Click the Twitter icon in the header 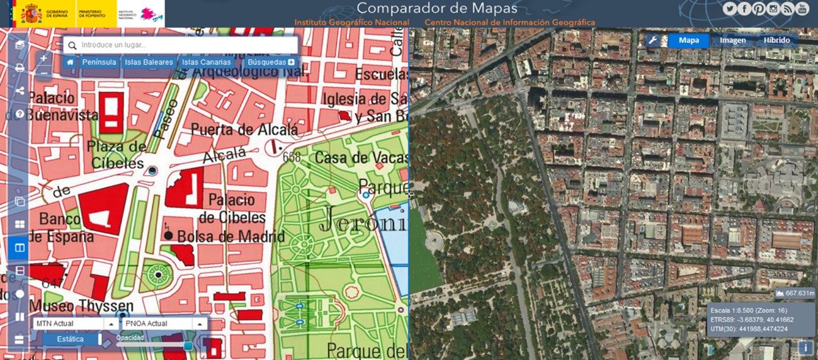[x=730, y=9]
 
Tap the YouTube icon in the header [x=802, y=9]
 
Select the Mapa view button [x=688, y=40]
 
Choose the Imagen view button [x=732, y=40]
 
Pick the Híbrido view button [x=776, y=40]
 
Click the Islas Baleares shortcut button [x=149, y=62]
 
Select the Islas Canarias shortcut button [x=207, y=62]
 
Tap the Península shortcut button [x=99, y=62]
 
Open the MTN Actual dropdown [x=76, y=323]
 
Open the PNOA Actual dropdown [x=164, y=323]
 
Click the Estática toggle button [x=71, y=339]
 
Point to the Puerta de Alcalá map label [x=244, y=130]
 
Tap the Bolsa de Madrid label [x=230, y=237]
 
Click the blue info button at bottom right [x=805, y=347]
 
